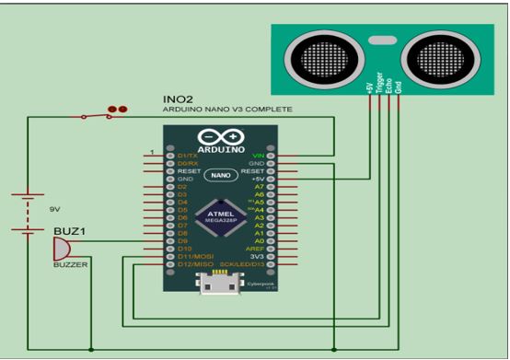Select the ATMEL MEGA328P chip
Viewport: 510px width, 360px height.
[226, 214]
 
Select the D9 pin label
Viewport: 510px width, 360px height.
[183, 242]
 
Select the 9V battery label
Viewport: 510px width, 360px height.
[56, 209]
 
